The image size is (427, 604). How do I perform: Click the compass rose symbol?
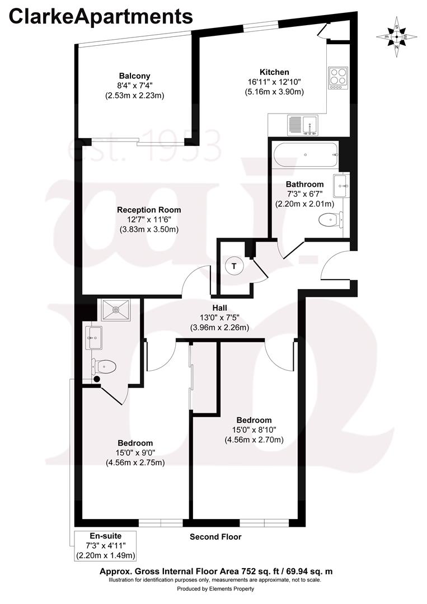coord(397,37)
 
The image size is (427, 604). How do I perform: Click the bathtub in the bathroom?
coord(305,154)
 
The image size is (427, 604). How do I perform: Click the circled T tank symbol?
coord(234,267)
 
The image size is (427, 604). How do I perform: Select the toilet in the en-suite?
coord(104,367)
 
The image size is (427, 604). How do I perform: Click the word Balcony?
coord(134,75)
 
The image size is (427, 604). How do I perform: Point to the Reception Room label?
coord(149,210)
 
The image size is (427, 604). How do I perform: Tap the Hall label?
coord(219,308)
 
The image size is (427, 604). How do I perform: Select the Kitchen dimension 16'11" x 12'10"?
coord(274,82)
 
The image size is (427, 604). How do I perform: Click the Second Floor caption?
coord(215,537)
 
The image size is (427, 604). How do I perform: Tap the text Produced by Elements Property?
coord(215,589)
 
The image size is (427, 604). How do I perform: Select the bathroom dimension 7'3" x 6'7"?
coord(304,194)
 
